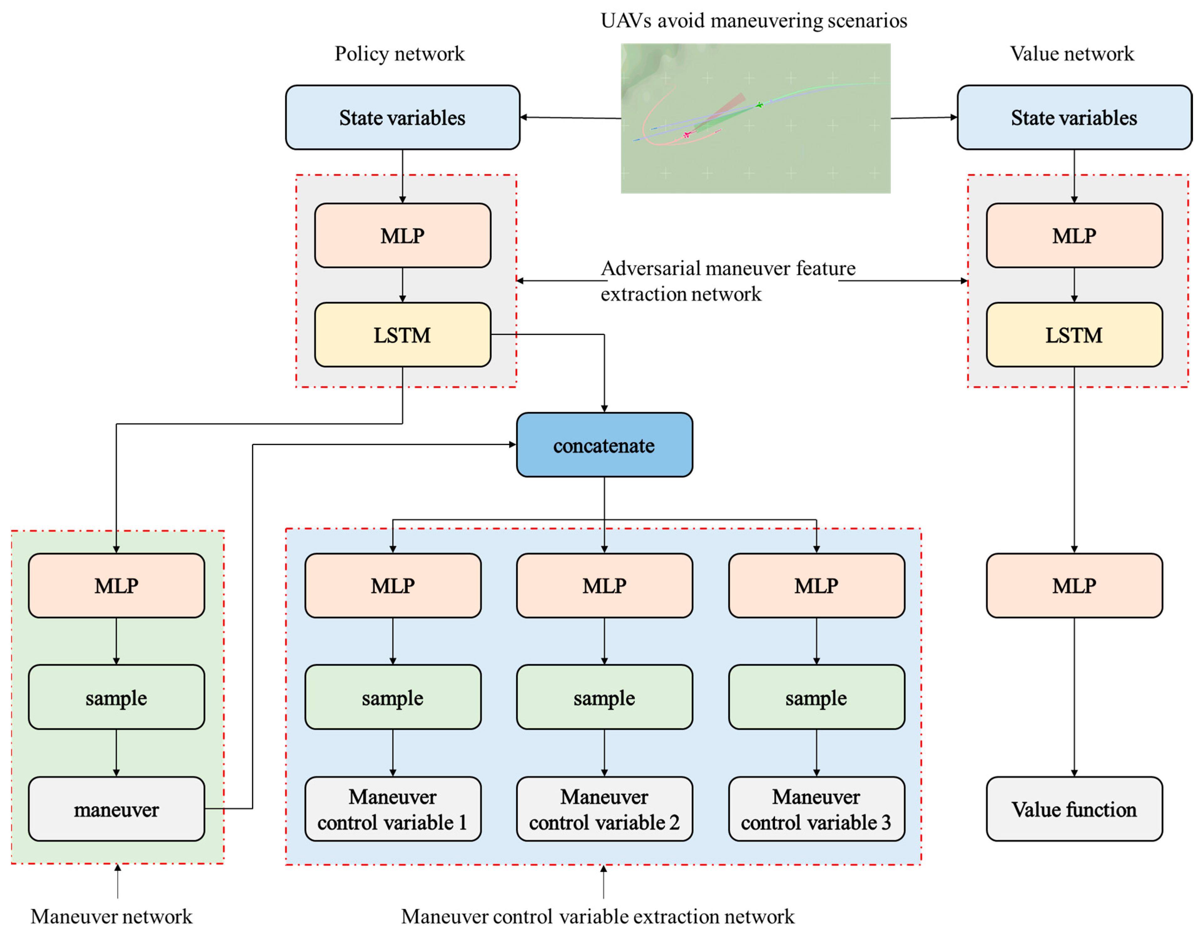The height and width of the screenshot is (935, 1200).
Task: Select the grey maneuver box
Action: coord(116,809)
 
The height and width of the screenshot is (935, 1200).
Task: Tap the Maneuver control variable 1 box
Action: coord(393,809)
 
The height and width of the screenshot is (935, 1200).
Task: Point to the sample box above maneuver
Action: coord(116,697)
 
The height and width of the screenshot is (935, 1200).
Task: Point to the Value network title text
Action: coord(1071,54)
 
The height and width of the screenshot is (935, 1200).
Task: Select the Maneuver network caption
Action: coord(112,916)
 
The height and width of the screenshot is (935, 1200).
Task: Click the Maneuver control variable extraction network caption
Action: coord(597,916)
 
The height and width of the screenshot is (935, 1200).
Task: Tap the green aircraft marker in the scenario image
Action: coord(759,104)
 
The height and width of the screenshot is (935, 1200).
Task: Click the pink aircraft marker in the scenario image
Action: coord(686,134)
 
